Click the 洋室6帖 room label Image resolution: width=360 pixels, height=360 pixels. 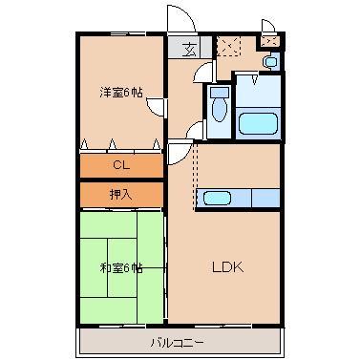point(121,92)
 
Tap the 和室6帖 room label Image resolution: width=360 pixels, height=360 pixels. point(121,268)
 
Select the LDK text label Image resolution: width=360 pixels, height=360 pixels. point(228,266)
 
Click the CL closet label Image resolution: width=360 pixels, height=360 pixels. point(119,164)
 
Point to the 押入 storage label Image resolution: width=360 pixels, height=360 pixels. point(119,194)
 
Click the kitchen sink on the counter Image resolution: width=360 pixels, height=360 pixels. point(217,199)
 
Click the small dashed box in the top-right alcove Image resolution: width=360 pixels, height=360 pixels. point(269,42)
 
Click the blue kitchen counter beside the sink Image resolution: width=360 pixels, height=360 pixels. point(256,199)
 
